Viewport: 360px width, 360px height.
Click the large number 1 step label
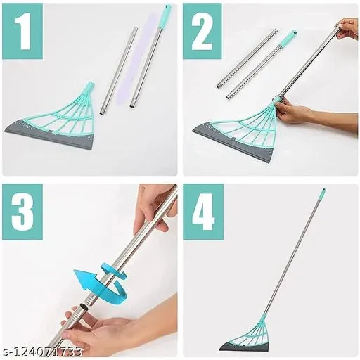(x=23, y=31)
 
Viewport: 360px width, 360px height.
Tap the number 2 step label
(x=202, y=31)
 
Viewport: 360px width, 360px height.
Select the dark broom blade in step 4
(x=244, y=345)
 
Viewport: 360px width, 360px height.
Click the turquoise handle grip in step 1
(x=164, y=16)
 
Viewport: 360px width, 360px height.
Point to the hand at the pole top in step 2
(x=347, y=29)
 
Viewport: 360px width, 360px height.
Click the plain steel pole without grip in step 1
(x=119, y=71)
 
